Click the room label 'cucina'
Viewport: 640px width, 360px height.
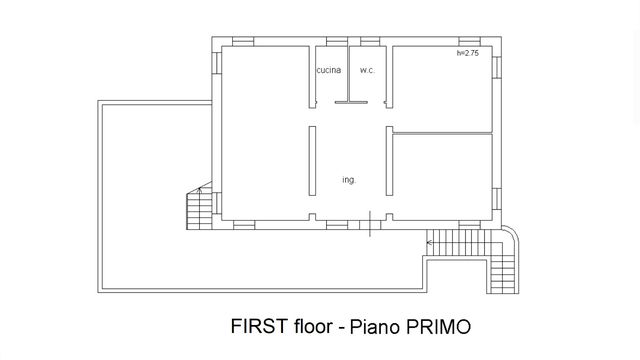(x=329, y=70)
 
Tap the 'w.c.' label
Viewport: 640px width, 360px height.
(x=367, y=70)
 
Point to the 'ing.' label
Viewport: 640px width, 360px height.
(x=349, y=180)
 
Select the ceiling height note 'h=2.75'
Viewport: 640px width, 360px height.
(x=468, y=53)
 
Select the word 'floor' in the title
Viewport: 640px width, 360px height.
(x=313, y=326)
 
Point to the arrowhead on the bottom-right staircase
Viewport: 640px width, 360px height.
(x=429, y=243)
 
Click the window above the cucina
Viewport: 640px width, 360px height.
(x=337, y=41)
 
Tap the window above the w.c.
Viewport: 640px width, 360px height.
(x=370, y=41)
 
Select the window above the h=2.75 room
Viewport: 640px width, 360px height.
(x=469, y=41)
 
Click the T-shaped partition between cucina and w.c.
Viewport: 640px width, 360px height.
(x=351, y=102)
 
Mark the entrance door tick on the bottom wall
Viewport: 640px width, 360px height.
(x=370, y=224)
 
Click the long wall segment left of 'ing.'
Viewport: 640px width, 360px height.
(x=312, y=161)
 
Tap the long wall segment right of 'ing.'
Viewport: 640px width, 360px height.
(x=389, y=161)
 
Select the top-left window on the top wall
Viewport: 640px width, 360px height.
(x=243, y=41)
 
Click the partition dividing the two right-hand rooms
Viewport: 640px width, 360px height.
(x=442, y=133)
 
